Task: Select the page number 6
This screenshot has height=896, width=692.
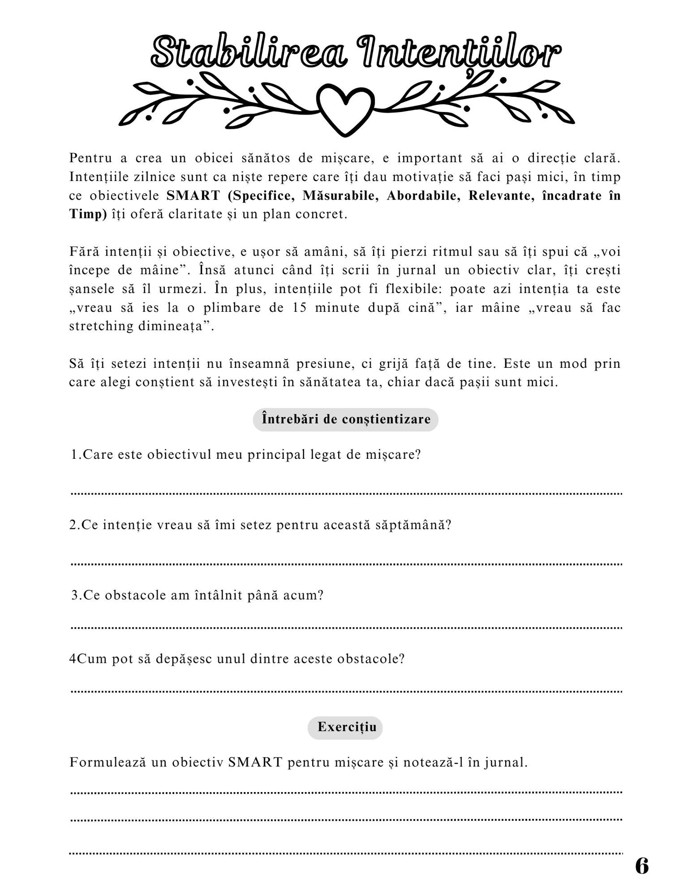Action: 642,866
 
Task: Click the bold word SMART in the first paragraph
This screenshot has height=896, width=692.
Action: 193,195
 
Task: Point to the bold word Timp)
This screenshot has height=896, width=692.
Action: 88,214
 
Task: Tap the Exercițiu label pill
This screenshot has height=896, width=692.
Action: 345,727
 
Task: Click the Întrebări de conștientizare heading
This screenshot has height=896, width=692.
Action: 346,420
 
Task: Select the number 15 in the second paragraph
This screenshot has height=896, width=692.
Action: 299,307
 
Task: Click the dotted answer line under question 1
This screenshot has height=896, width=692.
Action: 346,493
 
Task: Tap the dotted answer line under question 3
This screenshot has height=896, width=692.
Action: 346,627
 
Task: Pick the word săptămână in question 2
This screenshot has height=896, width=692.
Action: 409,525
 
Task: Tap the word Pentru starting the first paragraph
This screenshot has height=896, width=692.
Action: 91,158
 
